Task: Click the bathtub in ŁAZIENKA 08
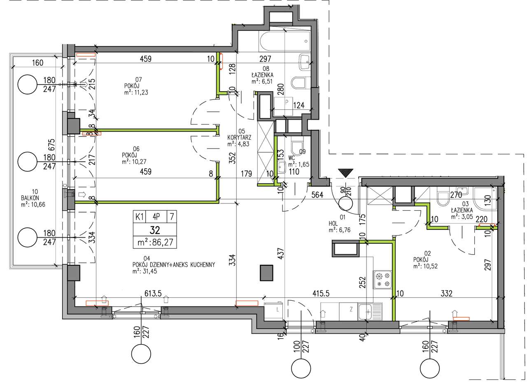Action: click(284, 40)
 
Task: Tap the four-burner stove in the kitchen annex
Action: click(382, 279)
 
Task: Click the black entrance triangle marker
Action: click(345, 172)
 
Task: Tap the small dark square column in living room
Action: click(267, 273)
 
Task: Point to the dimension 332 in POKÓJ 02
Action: click(446, 294)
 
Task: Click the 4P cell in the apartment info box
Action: click(157, 216)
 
